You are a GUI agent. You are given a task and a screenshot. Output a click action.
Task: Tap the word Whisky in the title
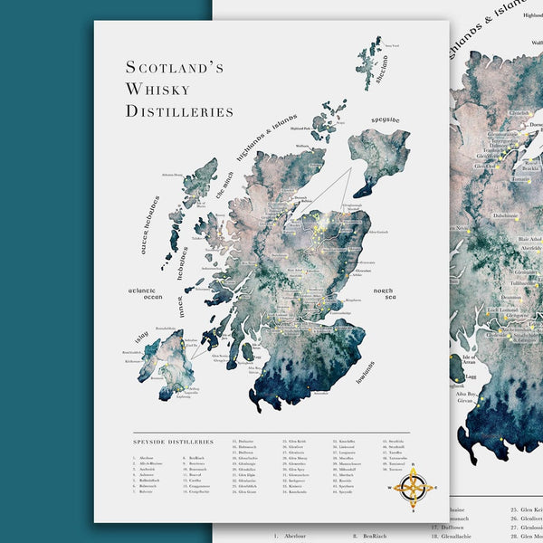click(x=157, y=89)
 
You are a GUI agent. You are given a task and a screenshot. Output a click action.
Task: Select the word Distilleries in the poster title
click(x=179, y=111)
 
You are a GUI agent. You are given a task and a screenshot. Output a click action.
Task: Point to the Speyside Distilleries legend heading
click(x=174, y=442)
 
